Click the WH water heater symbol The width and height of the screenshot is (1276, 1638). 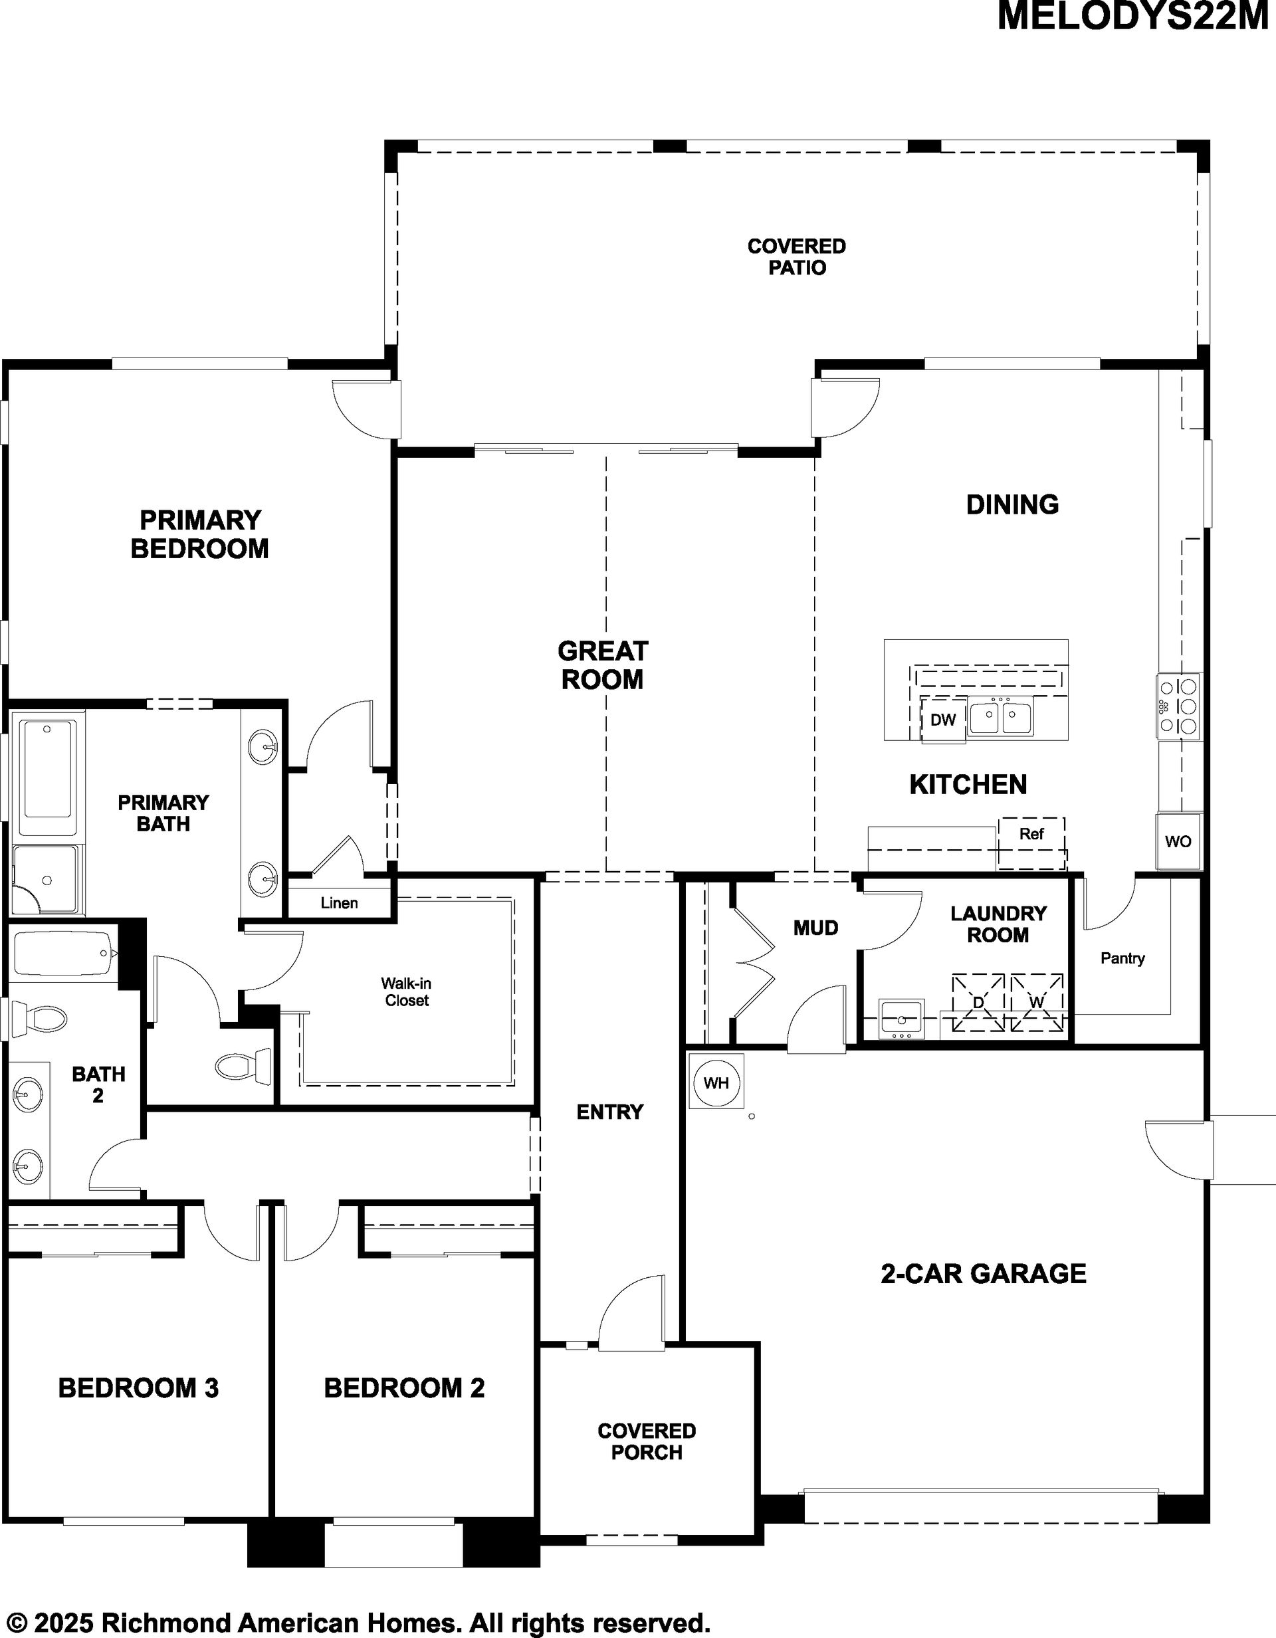coord(716,1083)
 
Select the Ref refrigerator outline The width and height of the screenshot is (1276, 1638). coord(1031,844)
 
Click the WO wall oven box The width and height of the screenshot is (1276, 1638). coord(1178,841)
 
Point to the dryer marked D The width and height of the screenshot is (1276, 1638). coord(978,1002)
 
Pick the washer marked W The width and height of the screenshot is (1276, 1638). coord(1037,1002)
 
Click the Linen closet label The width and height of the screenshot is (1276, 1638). coord(339,903)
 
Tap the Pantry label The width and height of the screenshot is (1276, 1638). coord(1122,958)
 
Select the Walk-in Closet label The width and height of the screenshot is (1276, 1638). coord(407,991)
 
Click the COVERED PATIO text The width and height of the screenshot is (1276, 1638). coord(797,256)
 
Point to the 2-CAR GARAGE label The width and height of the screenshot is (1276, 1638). coord(984,1273)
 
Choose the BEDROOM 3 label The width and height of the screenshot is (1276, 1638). coord(138,1387)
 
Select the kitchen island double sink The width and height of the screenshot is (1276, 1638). coord(1000,716)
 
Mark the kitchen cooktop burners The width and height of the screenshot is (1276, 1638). coord(1178,706)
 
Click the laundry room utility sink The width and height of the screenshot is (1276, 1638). coord(902,1019)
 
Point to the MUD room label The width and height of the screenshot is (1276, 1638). coord(815,928)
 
